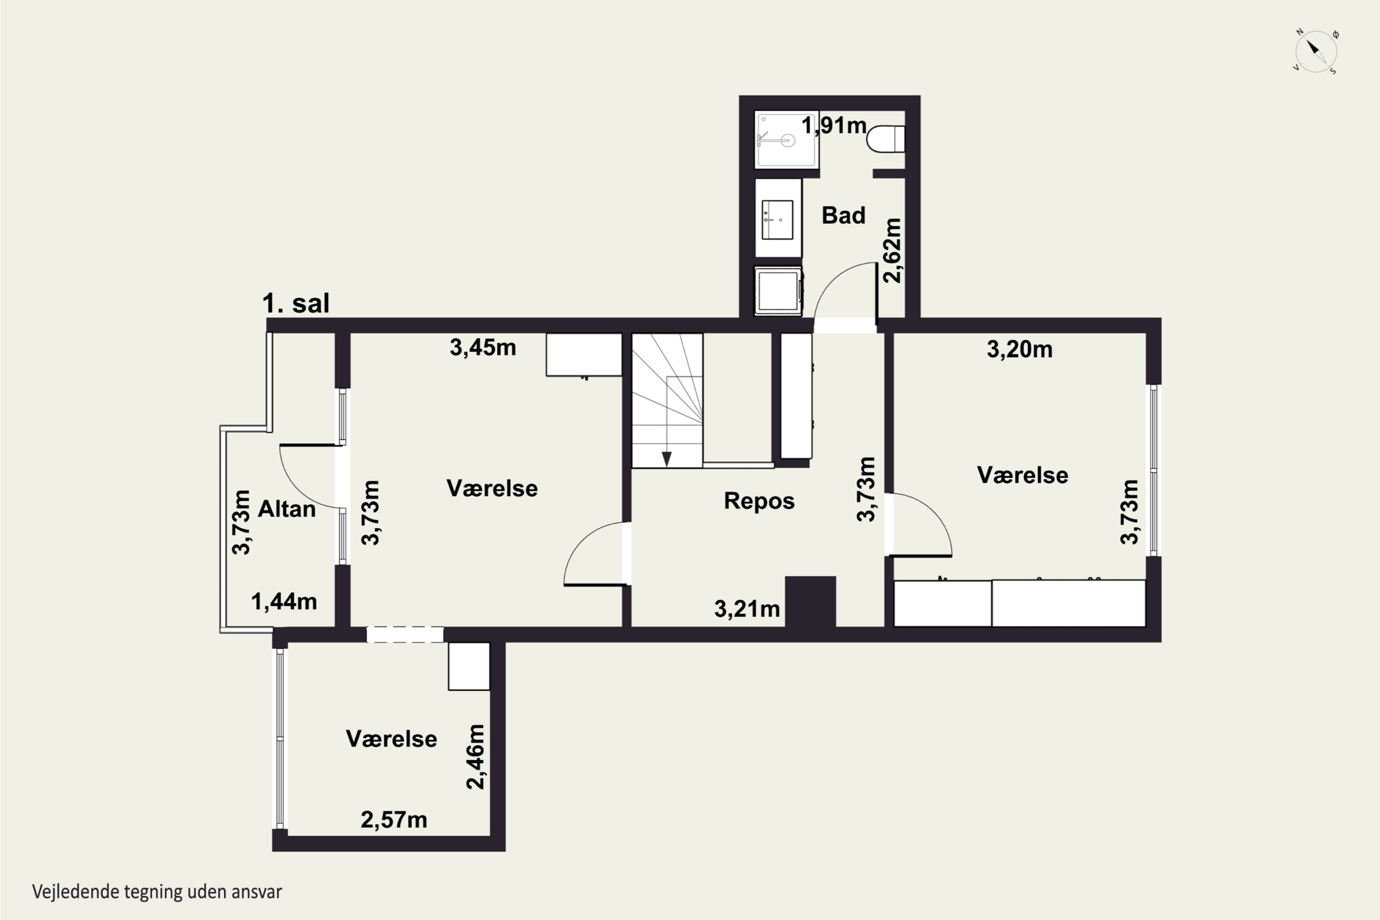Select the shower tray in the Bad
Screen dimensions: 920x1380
point(786,140)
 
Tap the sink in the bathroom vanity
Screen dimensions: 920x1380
point(777,219)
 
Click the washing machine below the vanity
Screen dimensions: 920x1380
point(778,291)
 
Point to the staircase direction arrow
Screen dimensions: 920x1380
point(667,458)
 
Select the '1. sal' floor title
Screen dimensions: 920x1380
point(296,303)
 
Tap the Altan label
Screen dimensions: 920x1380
point(287,509)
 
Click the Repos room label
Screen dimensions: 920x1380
point(759,501)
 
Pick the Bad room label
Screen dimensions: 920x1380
point(843,215)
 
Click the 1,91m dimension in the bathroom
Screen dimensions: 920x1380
point(833,125)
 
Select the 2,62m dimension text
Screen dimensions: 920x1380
point(892,251)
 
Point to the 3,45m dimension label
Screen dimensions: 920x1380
point(483,347)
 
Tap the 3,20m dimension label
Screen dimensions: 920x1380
point(1019,349)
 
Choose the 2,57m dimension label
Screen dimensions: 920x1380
point(394,820)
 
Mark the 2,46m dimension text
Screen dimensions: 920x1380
point(475,757)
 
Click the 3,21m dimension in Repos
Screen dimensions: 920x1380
point(746,609)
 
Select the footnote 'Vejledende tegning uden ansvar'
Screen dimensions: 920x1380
point(157,892)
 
